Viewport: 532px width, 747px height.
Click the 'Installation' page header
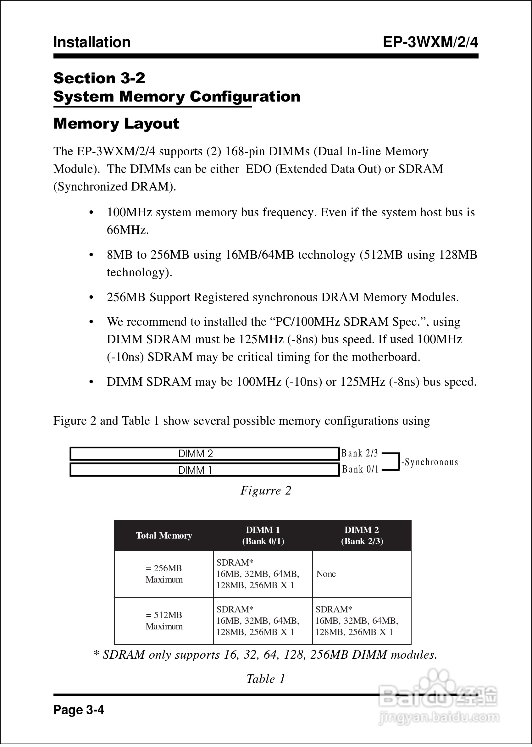click(92, 42)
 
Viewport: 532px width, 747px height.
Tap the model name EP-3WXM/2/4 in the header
click(430, 42)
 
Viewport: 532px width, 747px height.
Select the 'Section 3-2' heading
click(99, 78)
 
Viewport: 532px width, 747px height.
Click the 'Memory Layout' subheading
click(116, 124)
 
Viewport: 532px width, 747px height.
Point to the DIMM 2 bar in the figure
click(204, 454)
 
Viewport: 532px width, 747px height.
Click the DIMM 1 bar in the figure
click(204, 470)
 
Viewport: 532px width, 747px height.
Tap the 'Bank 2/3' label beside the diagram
click(360, 453)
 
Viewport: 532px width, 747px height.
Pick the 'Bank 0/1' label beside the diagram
click(360, 469)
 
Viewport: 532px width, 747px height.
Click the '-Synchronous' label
click(430, 462)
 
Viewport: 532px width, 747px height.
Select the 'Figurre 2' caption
click(266, 490)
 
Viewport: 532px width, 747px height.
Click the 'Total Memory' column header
click(164, 535)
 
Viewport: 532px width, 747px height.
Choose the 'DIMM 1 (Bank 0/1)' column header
click(263, 535)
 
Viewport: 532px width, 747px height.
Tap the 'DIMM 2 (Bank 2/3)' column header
click(362, 535)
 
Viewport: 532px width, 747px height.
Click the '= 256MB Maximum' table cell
click(164, 574)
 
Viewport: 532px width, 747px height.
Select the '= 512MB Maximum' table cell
click(164, 621)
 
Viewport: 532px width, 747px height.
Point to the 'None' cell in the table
click(326, 574)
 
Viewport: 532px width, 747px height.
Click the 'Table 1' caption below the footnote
click(266, 679)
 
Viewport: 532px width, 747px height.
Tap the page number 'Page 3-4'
click(79, 710)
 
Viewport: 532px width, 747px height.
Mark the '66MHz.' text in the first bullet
click(128, 230)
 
